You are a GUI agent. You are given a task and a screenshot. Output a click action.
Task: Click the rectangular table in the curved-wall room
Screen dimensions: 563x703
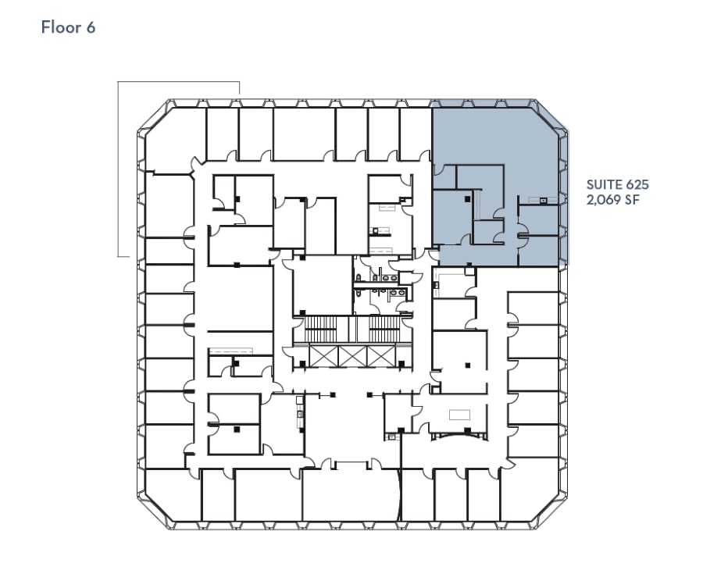click(459, 414)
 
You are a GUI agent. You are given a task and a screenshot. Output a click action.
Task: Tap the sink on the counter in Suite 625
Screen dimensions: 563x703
click(543, 199)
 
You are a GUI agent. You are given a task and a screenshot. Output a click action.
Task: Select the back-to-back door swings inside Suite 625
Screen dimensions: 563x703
click(519, 231)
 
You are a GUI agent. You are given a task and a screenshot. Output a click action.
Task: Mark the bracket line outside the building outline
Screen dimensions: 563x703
click(119, 168)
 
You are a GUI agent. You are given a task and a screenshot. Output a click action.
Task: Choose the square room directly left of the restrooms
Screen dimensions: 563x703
click(323, 285)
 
